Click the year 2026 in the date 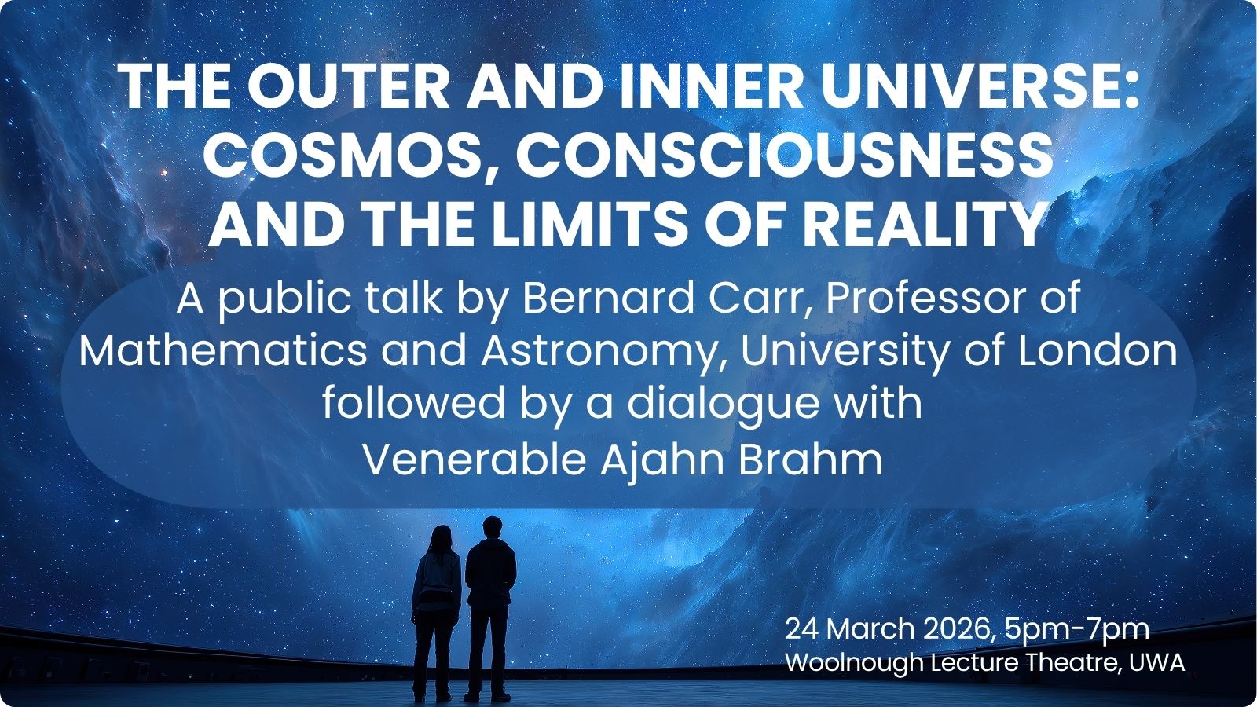coord(957,629)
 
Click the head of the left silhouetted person coord(441,539)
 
